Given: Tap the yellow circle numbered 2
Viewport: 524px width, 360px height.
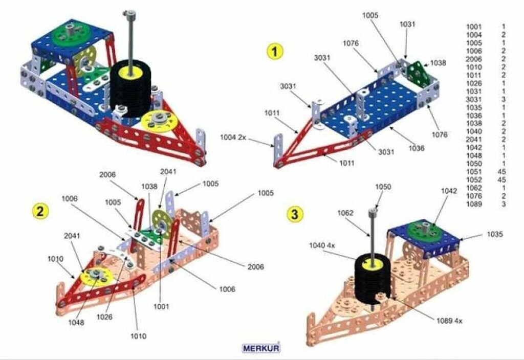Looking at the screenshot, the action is point(40,211).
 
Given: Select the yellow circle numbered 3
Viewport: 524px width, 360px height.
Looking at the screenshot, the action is point(294,214).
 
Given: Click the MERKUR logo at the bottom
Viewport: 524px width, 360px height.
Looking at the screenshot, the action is point(260,348).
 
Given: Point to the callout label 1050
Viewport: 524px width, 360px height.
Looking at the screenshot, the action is point(383,187).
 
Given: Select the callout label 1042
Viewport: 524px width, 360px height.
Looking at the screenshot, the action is point(449,191).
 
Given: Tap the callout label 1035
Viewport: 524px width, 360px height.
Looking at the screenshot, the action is point(495,234).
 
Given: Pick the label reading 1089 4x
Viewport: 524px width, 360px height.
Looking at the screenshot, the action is point(449,321).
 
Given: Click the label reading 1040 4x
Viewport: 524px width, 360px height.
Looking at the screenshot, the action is point(322,245).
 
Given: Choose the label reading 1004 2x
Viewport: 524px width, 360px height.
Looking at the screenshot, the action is point(233,137).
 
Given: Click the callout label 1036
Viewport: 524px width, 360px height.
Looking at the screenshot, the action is point(417,148).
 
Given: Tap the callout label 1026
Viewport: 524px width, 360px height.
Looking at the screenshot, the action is point(104,317).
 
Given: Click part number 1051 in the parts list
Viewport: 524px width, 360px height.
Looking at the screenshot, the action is point(473,171).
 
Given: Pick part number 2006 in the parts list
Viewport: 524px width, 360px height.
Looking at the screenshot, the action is point(473,59).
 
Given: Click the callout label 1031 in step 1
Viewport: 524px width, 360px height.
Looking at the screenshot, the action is point(408,24).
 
